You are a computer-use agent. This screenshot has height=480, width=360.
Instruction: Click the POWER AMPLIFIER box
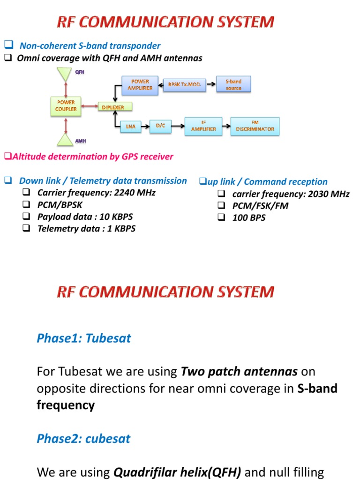point(140,85)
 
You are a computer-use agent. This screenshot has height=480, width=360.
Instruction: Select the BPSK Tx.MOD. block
point(184,84)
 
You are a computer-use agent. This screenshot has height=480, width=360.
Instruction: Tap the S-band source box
point(233,85)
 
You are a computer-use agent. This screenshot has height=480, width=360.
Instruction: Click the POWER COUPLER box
point(66,105)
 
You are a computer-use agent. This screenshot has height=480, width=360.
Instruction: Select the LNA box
point(130,126)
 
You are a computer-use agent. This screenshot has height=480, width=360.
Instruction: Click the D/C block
point(160,126)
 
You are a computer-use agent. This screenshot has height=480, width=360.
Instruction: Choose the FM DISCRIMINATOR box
point(255,126)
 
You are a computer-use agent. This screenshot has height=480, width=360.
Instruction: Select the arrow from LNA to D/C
point(145,126)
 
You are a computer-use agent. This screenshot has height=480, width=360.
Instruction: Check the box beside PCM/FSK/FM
point(222,206)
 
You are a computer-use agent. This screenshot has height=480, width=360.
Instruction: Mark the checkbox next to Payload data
point(27,217)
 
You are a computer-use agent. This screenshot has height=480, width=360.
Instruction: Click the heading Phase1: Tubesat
point(84,338)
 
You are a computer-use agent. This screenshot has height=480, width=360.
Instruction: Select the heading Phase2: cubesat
point(83,439)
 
